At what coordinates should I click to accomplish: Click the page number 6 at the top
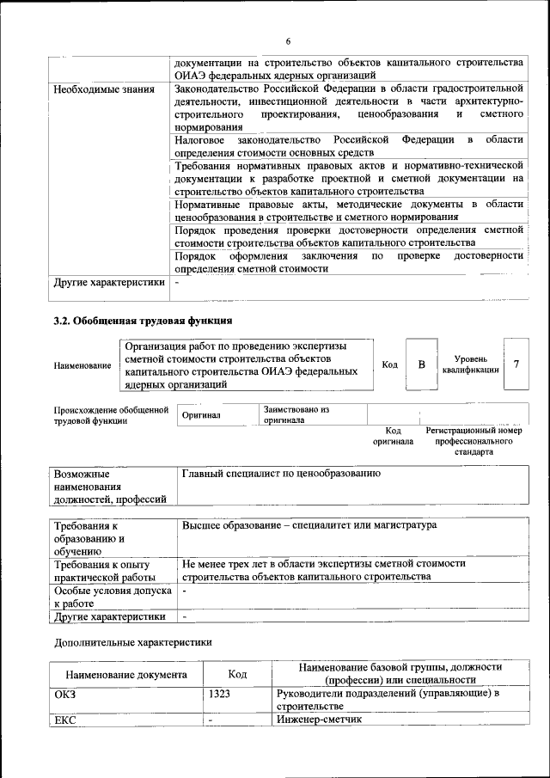pyautogui.click(x=289, y=41)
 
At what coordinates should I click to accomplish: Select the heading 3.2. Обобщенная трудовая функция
pyautogui.click(x=143, y=322)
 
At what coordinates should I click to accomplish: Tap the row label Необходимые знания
pyautogui.click(x=104, y=89)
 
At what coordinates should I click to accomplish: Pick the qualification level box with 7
pyautogui.click(x=516, y=364)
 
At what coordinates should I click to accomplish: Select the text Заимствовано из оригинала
pyautogui.click(x=296, y=414)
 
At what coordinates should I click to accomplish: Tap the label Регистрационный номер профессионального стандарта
pyautogui.click(x=474, y=440)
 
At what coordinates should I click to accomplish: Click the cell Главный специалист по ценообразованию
pyautogui.click(x=282, y=474)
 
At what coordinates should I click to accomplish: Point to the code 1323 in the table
pyautogui.click(x=219, y=693)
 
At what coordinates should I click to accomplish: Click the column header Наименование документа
pyautogui.click(x=125, y=675)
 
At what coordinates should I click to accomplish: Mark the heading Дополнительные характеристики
pyautogui.click(x=131, y=641)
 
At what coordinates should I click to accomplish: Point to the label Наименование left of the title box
pyautogui.click(x=82, y=366)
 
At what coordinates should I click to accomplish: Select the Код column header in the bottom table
pyautogui.click(x=237, y=675)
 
